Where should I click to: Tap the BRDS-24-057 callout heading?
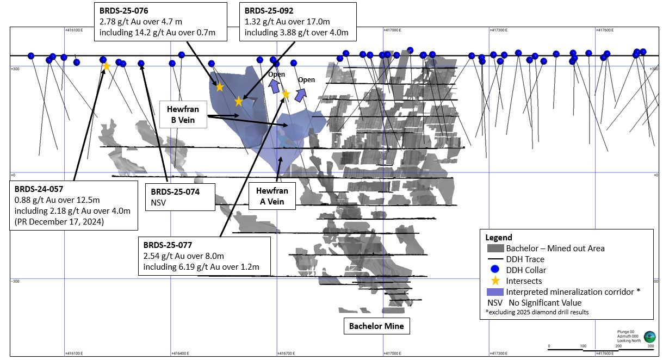coord(39,189)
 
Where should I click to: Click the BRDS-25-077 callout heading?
coord(168,245)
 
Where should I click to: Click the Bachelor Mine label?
coord(376,327)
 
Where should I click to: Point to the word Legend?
coord(499,238)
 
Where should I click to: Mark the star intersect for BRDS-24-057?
coord(107,66)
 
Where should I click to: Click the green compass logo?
coord(649,337)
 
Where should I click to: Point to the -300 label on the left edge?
coord(17,281)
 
